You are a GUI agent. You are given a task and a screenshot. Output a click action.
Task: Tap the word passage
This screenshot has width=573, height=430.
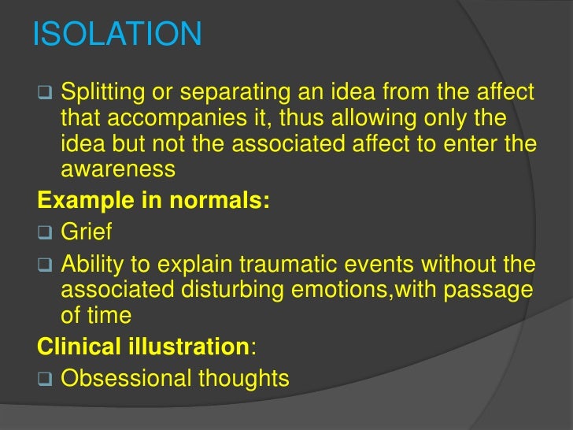[x=488, y=291]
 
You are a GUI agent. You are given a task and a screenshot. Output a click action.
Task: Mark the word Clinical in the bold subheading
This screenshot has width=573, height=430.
[x=75, y=346]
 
